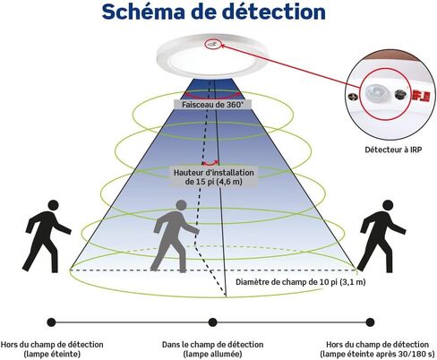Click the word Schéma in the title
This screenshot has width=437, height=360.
click(142, 12)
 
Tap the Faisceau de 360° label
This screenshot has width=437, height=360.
click(212, 105)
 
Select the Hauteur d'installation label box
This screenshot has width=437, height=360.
click(214, 177)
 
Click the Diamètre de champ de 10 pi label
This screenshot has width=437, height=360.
click(301, 282)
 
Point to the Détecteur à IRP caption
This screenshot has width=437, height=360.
click(393, 150)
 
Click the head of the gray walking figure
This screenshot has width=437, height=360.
click(181, 206)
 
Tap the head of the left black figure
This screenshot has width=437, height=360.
click(53, 206)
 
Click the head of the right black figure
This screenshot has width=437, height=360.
click(388, 206)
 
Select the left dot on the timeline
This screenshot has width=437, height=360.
click(51, 322)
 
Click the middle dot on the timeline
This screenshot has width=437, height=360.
click(212, 322)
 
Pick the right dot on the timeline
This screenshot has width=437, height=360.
click(370, 322)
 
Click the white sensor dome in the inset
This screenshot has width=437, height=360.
click(376, 93)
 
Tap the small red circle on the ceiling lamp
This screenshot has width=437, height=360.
click(212, 45)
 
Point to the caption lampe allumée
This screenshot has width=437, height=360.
click(212, 355)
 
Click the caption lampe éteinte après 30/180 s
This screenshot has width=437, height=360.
click(377, 355)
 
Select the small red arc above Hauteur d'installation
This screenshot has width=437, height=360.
click(210, 164)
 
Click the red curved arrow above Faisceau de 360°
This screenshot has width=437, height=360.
click(212, 95)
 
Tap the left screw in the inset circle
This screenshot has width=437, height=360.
click(355, 97)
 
